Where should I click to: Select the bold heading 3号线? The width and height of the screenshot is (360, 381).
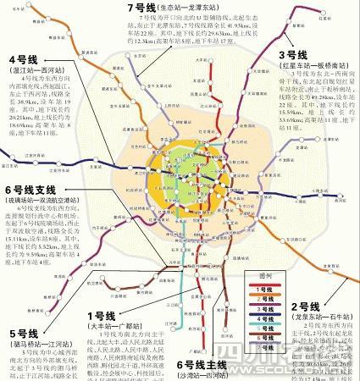click(293, 55)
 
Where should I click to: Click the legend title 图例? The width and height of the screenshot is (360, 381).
click(264, 277)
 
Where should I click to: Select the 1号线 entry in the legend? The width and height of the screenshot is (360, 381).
click(264, 289)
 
